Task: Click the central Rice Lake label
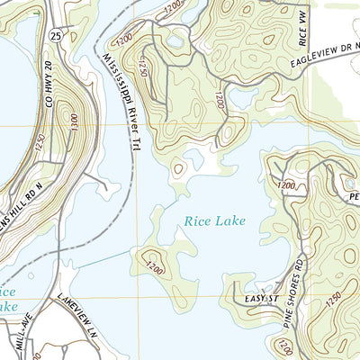pos(214,219)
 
